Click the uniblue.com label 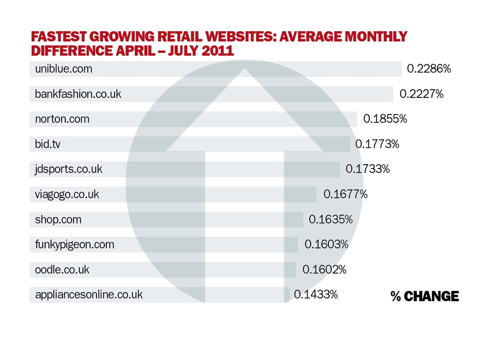pos(64,69)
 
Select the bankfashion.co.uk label pos(78,94)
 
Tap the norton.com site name pos(62,119)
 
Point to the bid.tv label pos(48,144)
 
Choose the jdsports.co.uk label pos(69,169)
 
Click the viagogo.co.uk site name pos(67,194)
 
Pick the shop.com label pos(58,219)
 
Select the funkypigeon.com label pos(74,244)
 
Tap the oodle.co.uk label pos(62,269)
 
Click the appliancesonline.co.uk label pos(89,294)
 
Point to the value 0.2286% pos(429,69)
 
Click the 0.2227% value pos(421,94)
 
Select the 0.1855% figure pos(385,119)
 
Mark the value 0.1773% pos(377,144)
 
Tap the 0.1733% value pos(367,169)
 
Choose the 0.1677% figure pos(345,194)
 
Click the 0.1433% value pos(316,294)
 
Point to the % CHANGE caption pos(425,296)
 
